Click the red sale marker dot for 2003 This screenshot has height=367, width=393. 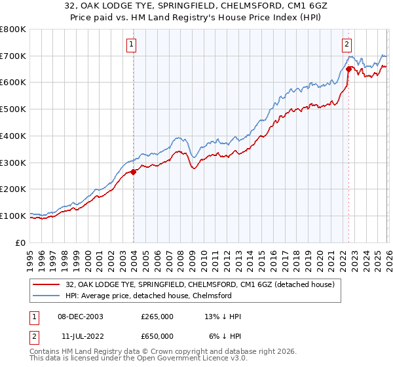pyautogui.click(x=133, y=172)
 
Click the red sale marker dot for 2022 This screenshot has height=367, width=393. pyautogui.click(x=348, y=69)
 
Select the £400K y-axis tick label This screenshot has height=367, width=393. pyautogui.click(x=13, y=136)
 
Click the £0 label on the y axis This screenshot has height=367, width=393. pyautogui.click(x=21, y=242)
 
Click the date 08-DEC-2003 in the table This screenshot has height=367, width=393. pyautogui.click(x=81, y=316)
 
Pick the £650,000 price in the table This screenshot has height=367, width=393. pyautogui.click(x=157, y=336)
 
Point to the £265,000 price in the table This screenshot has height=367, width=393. pyautogui.click(x=157, y=316)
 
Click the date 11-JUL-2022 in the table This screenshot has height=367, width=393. pyautogui.click(x=81, y=336)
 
